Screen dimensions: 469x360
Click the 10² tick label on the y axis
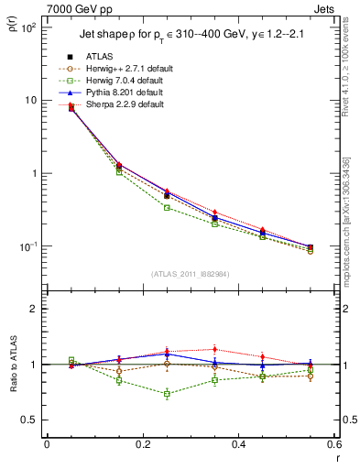[29, 27]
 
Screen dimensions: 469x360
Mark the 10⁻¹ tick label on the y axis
[29, 246]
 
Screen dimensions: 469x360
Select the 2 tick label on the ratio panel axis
[36, 309]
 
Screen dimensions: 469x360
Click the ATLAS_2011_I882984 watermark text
[191, 275]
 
